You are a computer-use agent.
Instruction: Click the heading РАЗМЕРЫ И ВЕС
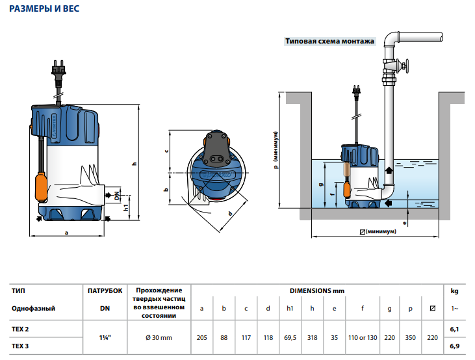pyautogui.click(x=46, y=10)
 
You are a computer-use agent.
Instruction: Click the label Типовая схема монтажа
pyautogui.click(x=329, y=41)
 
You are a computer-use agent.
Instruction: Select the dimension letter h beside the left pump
pyautogui.click(x=134, y=164)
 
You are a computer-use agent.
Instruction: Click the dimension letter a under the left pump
pyautogui.click(x=67, y=231)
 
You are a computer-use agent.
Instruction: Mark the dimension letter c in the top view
pyautogui.click(x=166, y=151)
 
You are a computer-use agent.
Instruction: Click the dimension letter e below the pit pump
pyautogui.click(x=404, y=223)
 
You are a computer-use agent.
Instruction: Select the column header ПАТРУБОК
pyautogui.click(x=105, y=290)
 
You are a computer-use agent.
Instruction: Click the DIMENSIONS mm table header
pyautogui.click(x=317, y=290)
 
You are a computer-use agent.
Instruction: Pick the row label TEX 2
pyautogui.click(x=20, y=329)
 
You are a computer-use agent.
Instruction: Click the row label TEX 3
pyautogui.click(x=20, y=346)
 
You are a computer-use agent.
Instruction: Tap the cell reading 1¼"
pyautogui.click(x=104, y=337)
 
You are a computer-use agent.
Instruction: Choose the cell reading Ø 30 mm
pyautogui.click(x=159, y=337)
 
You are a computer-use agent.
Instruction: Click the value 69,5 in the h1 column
pyautogui.click(x=290, y=337)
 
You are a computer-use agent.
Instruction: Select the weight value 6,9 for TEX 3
pyautogui.click(x=454, y=346)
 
